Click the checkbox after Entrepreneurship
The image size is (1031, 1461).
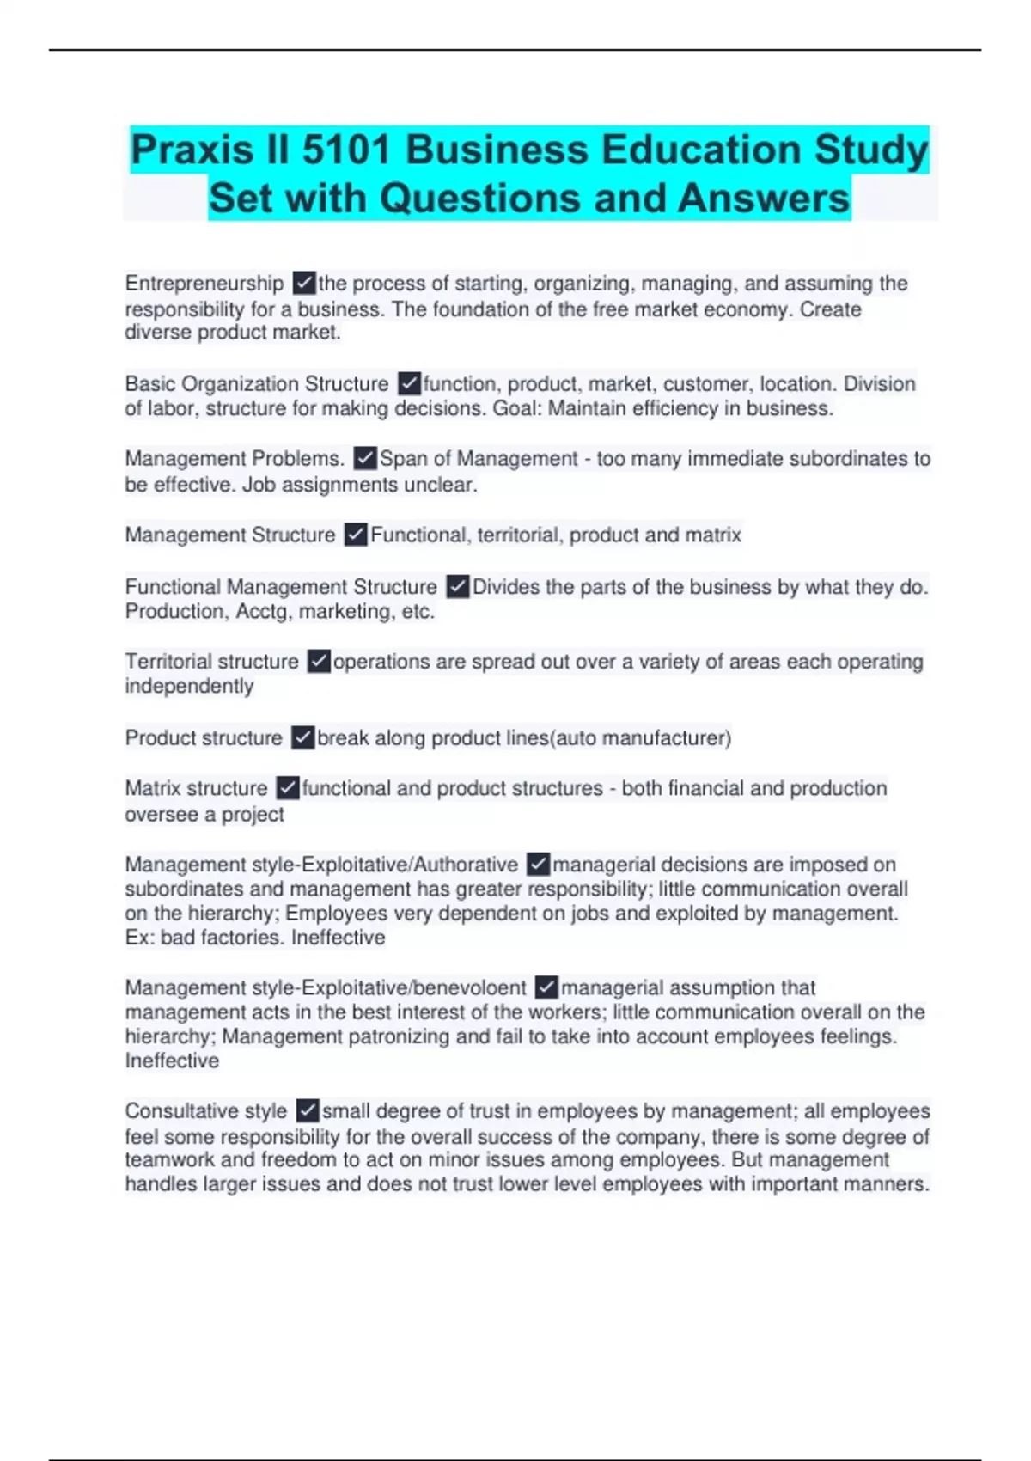(x=304, y=283)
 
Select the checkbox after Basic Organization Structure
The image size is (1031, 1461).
(x=409, y=383)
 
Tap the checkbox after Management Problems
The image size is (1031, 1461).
(x=365, y=458)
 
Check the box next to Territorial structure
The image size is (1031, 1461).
(x=319, y=662)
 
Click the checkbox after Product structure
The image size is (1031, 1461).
(x=302, y=737)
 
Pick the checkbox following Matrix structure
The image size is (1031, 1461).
(x=288, y=788)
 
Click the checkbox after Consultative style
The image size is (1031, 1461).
(x=308, y=1110)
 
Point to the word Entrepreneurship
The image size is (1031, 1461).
(x=204, y=284)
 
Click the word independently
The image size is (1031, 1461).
(x=189, y=687)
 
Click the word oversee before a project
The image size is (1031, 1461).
(x=162, y=814)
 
